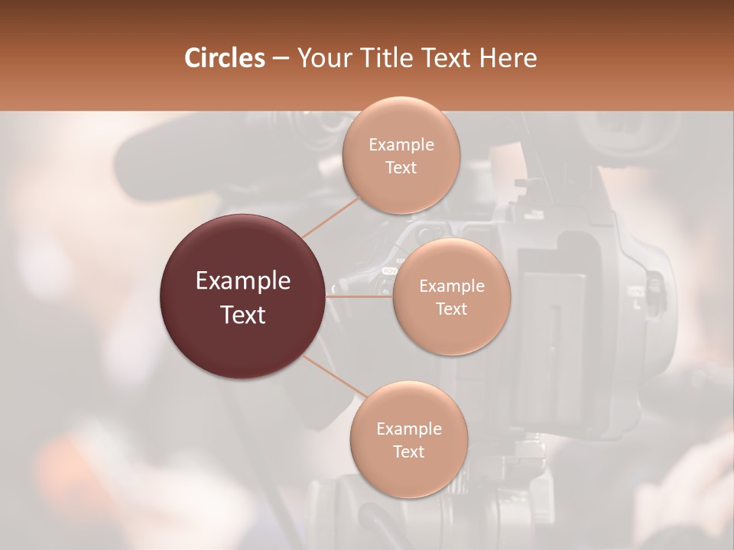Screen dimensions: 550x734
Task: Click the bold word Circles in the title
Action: coord(224,58)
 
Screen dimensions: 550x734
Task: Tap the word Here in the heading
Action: coord(508,58)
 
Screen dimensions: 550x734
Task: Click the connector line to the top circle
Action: coord(331,216)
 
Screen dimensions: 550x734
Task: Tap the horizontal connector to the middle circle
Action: coord(359,296)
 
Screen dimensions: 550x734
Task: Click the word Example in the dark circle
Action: coord(243,281)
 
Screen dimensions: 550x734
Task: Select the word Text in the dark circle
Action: coord(243,315)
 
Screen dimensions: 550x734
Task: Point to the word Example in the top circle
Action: coord(401,145)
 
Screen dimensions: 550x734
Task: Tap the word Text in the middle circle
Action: coord(451,309)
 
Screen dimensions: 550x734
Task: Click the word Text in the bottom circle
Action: coord(408,451)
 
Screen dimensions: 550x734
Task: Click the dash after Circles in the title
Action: coord(280,58)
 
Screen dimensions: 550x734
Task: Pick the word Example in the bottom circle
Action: coord(408,429)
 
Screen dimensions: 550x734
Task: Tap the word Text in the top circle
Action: coord(401,167)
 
